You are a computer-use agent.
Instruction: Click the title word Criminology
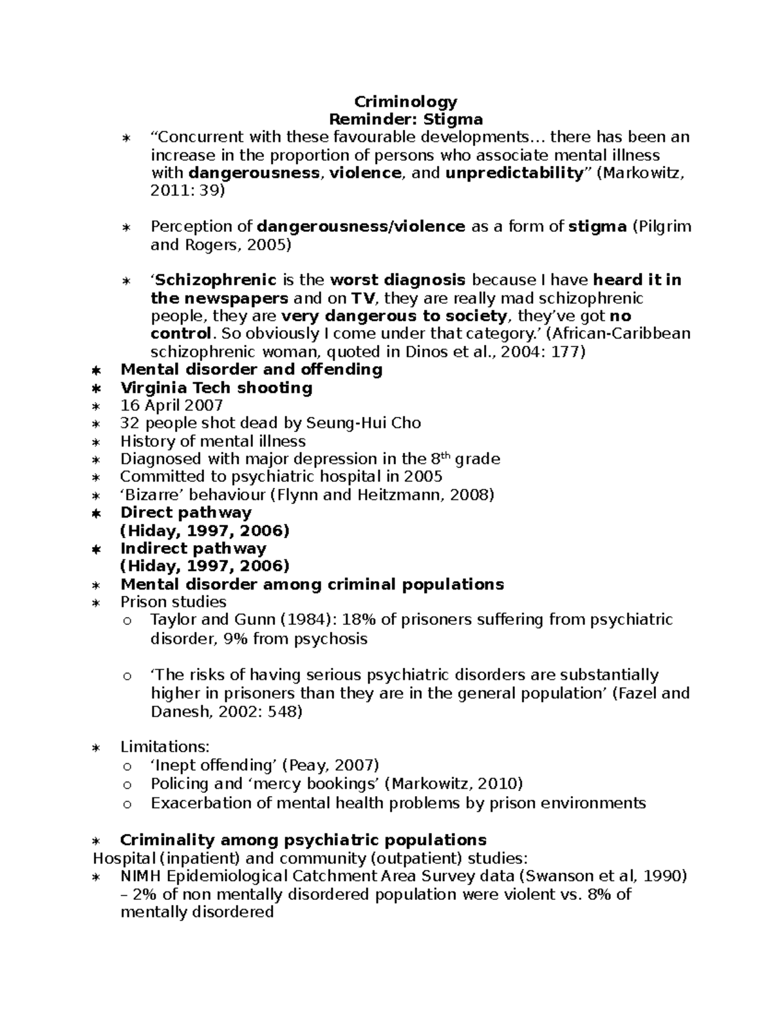point(405,102)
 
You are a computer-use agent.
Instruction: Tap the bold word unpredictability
point(514,173)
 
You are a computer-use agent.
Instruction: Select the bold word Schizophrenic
point(215,280)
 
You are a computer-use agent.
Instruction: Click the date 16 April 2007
point(172,405)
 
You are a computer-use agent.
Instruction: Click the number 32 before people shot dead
point(129,423)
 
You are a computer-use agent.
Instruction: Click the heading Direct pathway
point(186,512)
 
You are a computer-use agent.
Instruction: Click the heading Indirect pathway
point(193,548)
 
